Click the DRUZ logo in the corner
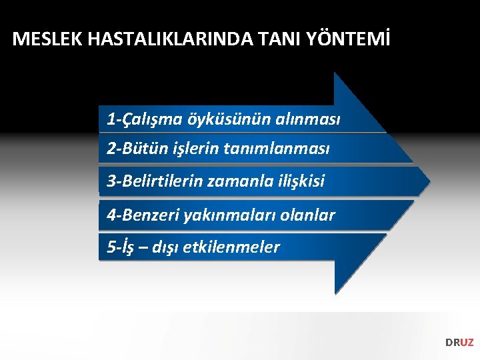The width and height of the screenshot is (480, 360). coord(459,343)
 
